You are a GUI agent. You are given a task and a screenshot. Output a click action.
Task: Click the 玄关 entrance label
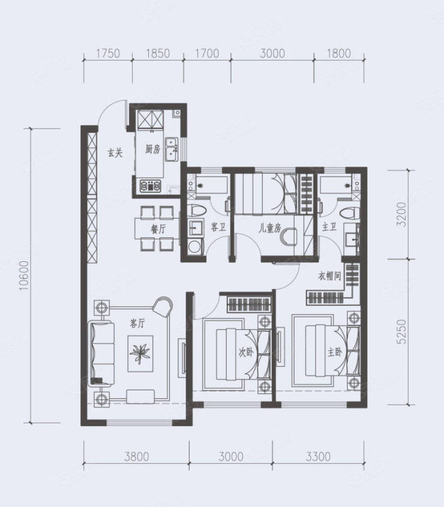tap(115, 153)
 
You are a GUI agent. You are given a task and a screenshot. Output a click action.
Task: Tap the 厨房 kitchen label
tap(152, 150)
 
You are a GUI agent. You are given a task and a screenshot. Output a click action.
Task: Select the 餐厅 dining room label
tap(158, 229)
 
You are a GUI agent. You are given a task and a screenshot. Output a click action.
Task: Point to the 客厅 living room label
tap(137, 323)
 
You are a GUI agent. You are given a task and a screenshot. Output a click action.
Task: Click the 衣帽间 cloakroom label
tap(329, 276)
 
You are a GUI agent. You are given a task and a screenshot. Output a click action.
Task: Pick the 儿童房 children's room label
tap(269, 229)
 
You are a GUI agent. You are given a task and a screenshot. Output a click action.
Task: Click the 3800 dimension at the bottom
tap(137, 457)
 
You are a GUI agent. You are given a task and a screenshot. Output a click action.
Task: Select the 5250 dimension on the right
tap(401, 332)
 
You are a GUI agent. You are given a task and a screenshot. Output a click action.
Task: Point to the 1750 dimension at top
tap(108, 53)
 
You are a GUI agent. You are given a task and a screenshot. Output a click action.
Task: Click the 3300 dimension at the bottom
tap(319, 457)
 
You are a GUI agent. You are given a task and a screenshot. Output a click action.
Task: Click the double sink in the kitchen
tap(171, 150)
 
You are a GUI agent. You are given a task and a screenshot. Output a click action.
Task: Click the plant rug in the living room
tap(140, 354)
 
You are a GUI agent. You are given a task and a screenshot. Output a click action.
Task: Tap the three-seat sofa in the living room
tap(101, 353)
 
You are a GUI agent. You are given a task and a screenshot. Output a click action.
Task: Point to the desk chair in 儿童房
tap(289, 236)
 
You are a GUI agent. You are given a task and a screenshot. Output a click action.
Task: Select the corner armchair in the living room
tap(163, 307)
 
